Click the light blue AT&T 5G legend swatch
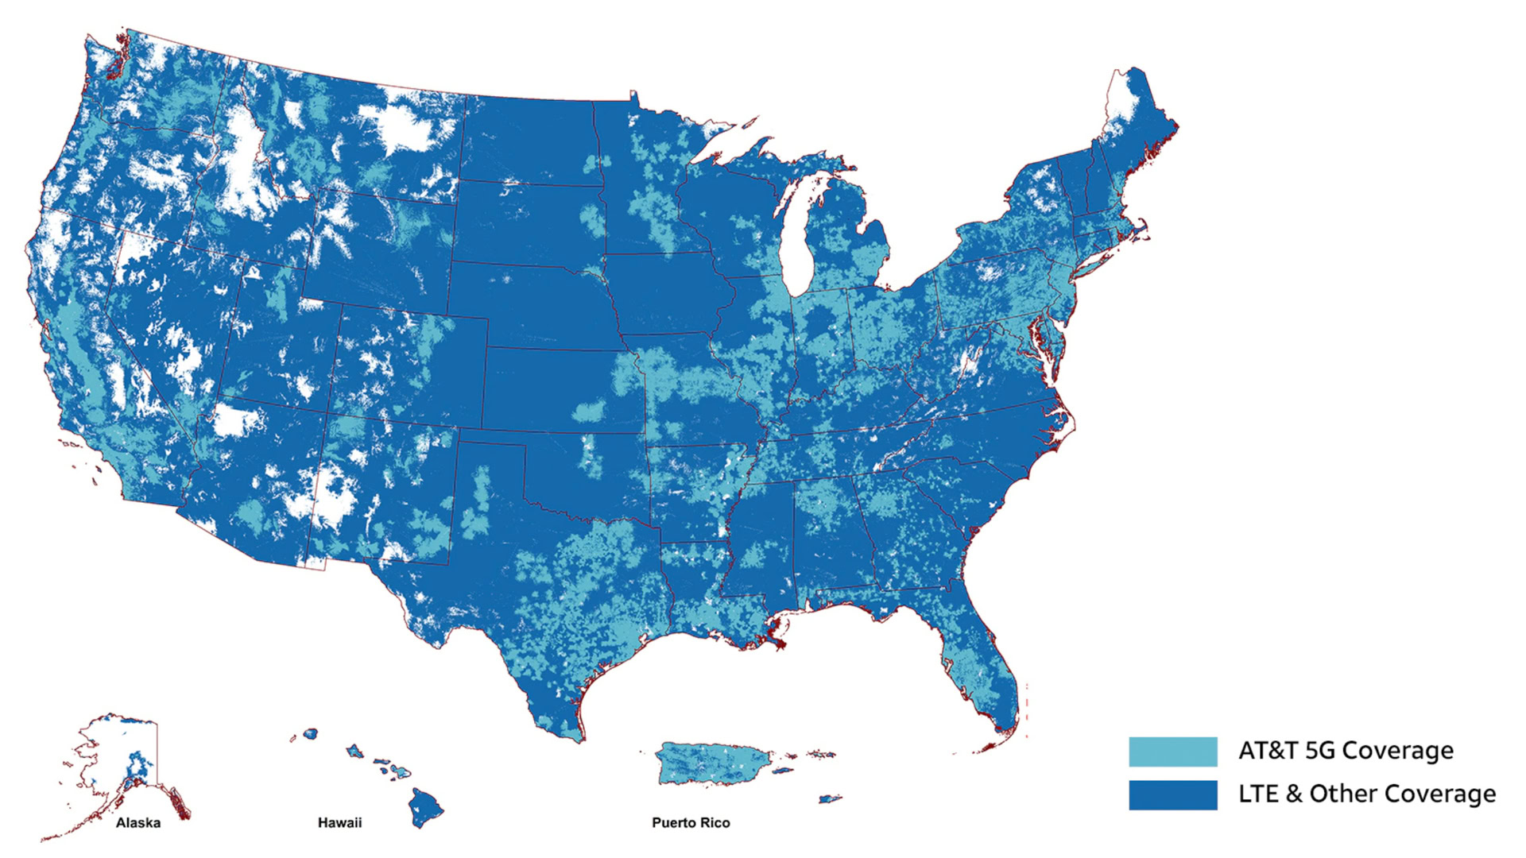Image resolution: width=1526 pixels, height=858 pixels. [1172, 752]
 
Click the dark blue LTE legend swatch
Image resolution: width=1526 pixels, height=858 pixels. [1172, 794]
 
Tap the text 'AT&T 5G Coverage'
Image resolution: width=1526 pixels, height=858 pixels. [1346, 751]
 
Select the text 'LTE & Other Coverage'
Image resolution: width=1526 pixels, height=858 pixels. [1366, 794]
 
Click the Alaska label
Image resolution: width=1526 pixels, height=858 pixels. [138, 823]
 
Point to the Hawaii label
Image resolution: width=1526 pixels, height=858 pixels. [339, 823]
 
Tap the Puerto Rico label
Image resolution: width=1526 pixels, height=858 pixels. [691, 823]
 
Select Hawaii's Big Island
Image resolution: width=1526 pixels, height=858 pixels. [426, 807]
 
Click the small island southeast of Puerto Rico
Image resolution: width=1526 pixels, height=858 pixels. [831, 799]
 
